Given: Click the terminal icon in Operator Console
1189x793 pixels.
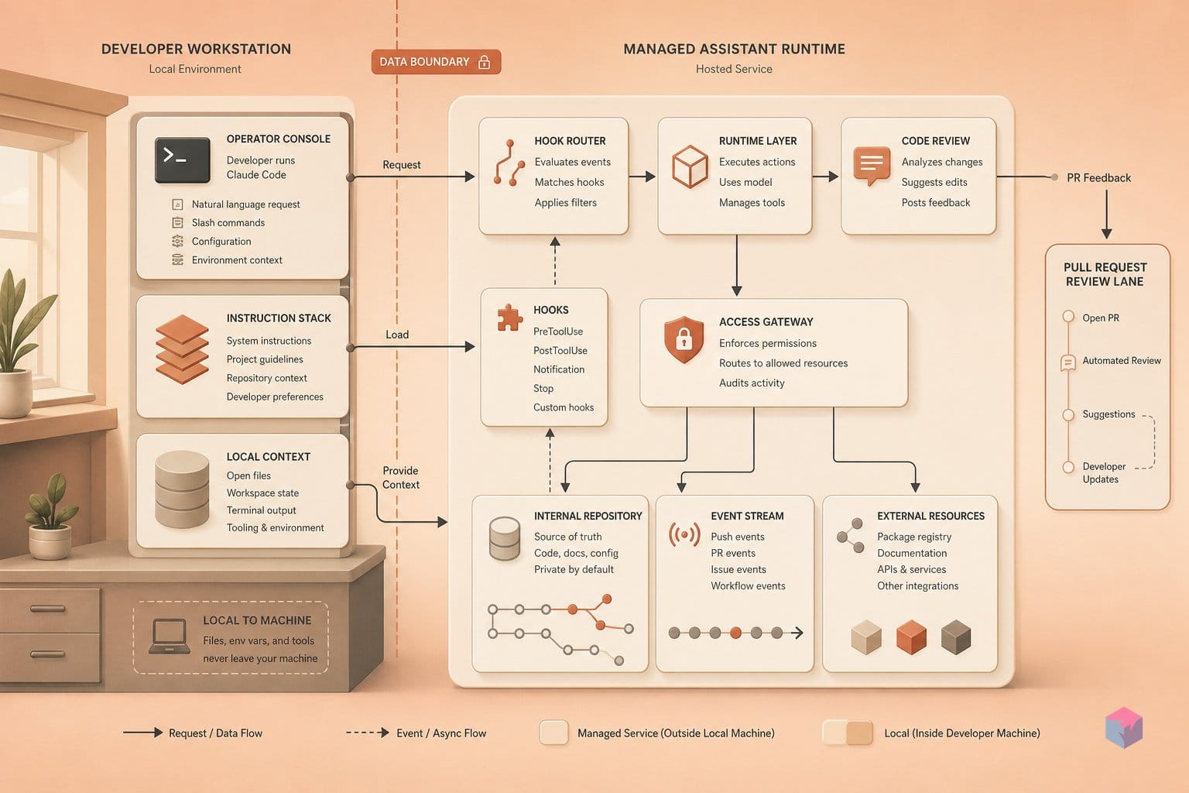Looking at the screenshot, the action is click(x=182, y=160).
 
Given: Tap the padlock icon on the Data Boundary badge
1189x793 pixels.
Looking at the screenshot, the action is click(x=484, y=62).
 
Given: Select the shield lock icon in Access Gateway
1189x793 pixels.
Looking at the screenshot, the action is click(x=684, y=339).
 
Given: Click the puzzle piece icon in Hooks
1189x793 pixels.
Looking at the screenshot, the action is click(x=509, y=318).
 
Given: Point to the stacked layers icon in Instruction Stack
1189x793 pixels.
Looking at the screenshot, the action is click(x=182, y=349).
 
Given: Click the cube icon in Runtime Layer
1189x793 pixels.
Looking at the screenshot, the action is click(x=690, y=166).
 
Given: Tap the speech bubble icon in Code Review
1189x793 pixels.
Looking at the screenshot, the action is click(x=872, y=166).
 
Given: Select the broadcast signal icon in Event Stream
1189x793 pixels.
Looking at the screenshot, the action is click(x=684, y=534).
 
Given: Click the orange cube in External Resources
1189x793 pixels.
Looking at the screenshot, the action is click(x=911, y=637).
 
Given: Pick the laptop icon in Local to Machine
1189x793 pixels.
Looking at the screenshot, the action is click(x=170, y=637).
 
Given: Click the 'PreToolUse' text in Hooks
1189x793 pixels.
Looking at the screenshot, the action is click(x=558, y=331).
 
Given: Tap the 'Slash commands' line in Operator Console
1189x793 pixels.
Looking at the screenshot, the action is click(x=228, y=222).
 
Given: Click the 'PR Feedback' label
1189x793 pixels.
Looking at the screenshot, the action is click(x=1098, y=178).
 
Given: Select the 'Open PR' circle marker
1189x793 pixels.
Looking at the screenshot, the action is click(x=1068, y=316).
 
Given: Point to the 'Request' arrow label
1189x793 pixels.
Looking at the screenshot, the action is click(x=401, y=165).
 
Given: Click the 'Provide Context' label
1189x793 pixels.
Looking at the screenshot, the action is click(x=401, y=478).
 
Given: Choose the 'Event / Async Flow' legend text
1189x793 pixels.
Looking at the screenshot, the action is click(x=441, y=733).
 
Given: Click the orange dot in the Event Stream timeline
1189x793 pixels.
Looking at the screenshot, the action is click(x=735, y=633).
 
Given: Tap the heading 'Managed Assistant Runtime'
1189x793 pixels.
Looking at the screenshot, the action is click(x=734, y=49).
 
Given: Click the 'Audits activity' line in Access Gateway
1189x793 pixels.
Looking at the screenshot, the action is click(x=752, y=383).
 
